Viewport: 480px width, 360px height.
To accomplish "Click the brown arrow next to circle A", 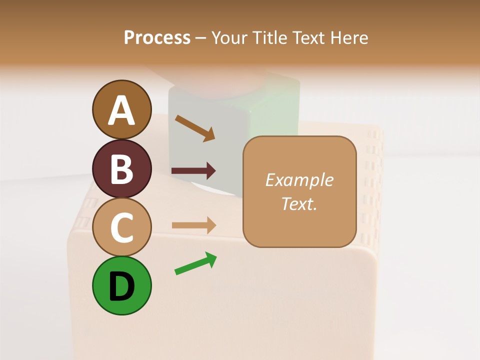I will pos(195,128).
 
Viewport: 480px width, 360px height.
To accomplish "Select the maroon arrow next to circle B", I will pos(193,171).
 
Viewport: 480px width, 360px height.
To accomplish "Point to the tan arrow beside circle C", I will pos(193,225).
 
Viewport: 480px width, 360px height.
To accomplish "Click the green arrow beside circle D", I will pos(195,263).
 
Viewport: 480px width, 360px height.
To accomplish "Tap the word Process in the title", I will pos(157,37).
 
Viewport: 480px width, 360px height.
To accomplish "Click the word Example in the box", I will pos(299,180).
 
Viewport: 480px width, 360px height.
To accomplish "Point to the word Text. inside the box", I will pos(299,203).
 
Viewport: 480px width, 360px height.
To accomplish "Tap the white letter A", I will pos(122,110).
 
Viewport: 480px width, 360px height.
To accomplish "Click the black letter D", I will pos(122,286).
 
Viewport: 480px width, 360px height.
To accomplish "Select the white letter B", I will pos(122,169).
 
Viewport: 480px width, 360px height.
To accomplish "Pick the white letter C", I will pos(122,227).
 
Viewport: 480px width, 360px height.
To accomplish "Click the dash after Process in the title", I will pos(201,38).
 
